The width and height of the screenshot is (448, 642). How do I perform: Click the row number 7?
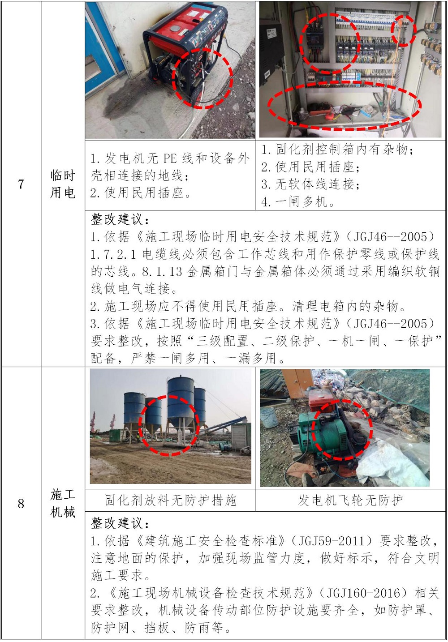point(21,184)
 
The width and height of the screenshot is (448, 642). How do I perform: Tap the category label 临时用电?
point(63,184)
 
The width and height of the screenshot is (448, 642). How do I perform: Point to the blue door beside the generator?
point(102,49)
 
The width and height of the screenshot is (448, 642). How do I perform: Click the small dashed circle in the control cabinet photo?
point(404,30)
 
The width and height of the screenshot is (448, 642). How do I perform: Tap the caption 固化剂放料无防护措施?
point(170,500)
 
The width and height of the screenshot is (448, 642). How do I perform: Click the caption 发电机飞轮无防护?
point(350,500)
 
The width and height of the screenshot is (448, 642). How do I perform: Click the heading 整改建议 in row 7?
point(120,219)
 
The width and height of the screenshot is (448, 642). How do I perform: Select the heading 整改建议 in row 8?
point(120,523)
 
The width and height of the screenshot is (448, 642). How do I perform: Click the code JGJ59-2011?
point(332,541)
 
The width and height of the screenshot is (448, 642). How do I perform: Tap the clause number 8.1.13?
point(162,271)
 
